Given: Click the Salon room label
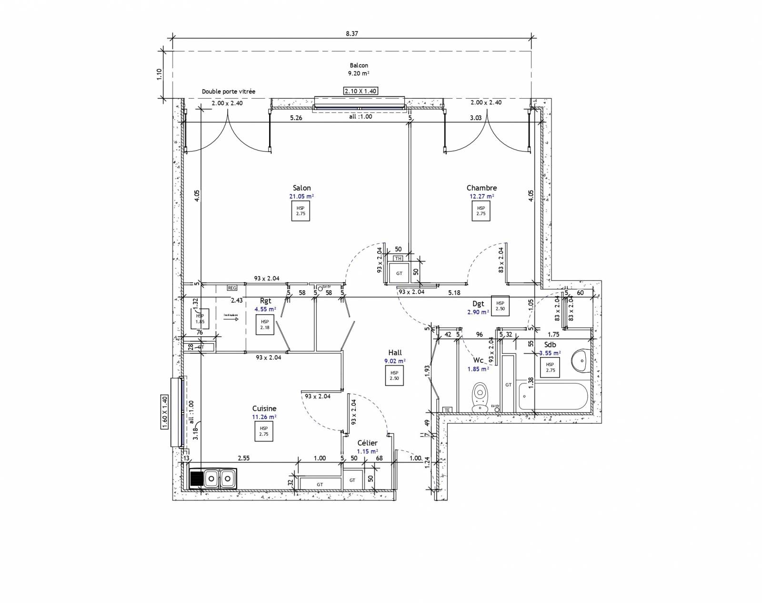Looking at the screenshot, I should click(x=302, y=188).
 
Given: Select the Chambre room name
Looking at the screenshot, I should click(x=481, y=188).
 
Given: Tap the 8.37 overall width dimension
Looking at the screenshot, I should click(x=351, y=33).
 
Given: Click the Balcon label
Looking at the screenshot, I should click(x=359, y=65).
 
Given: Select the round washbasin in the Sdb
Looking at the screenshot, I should click(x=580, y=360).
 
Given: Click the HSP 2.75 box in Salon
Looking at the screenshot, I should click(x=301, y=211).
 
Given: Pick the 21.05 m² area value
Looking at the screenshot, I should click(x=302, y=196).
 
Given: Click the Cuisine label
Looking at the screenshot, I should click(x=264, y=409).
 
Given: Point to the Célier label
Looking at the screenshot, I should click(x=367, y=443).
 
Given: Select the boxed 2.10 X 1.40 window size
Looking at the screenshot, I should click(x=361, y=91).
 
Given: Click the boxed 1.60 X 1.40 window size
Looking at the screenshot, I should click(x=165, y=413).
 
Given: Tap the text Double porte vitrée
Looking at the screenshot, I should click(x=229, y=92).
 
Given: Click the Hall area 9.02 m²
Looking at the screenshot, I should click(x=395, y=361).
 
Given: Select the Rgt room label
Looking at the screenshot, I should click(x=265, y=301).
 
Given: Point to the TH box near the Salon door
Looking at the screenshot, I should click(x=398, y=258).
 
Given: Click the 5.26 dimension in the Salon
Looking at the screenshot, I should click(x=296, y=118).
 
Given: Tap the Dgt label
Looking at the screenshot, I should click(x=478, y=304).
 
